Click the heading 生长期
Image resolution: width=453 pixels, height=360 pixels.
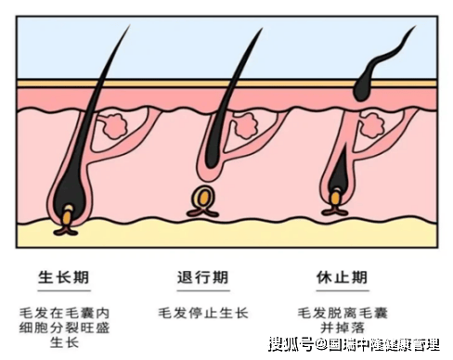pos(64,277)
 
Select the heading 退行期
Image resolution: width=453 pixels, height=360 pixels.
pos(203,277)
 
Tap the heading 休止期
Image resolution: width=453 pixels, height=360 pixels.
pos(343,277)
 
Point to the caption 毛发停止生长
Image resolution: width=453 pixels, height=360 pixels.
pos(203,313)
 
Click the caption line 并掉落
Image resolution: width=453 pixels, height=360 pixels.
pos(343,328)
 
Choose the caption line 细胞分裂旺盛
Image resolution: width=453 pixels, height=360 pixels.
pos(64,328)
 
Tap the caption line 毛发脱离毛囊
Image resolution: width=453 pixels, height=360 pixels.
pos(343,313)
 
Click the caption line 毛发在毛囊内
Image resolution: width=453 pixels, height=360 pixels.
pos(64,313)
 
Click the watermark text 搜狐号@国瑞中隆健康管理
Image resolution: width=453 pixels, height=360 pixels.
pos(354,344)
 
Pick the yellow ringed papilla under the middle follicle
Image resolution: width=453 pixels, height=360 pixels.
pos(203,198)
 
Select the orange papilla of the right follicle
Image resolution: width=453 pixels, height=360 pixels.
pos(335,199)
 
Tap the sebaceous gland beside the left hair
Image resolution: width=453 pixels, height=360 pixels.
pos(114,126)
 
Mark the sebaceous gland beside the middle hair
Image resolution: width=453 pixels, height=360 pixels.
pos(245,125)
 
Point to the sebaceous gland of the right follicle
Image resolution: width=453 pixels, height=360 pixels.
pos(372,125)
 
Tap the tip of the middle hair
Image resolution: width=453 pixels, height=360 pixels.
pos(263,29)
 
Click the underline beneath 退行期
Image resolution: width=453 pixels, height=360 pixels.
pos(203,290)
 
